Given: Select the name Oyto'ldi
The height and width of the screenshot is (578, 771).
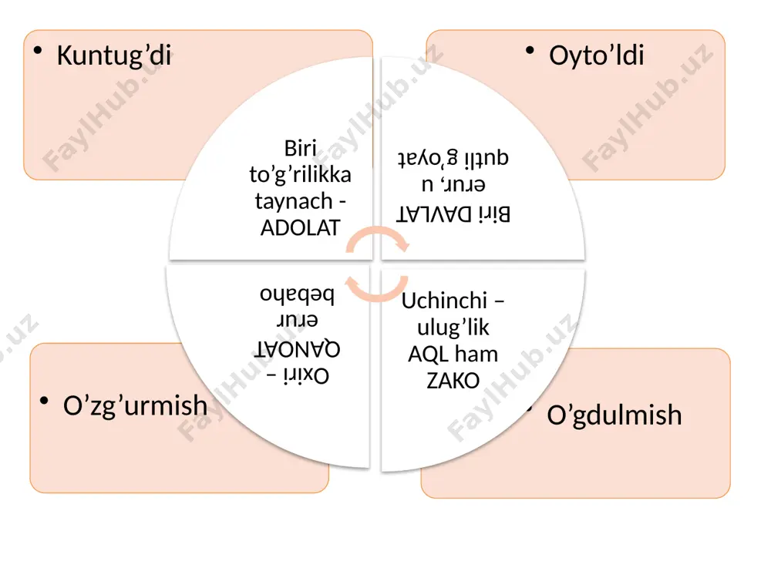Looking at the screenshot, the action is click(597, 55).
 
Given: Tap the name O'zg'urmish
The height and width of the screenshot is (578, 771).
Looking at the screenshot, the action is click(135, 407).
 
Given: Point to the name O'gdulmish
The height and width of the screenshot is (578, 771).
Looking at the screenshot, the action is click(614, 416).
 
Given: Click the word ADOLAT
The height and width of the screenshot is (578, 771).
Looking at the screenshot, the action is click(301, 228).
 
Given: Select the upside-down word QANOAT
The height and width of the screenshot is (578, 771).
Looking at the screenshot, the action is click(298, 349).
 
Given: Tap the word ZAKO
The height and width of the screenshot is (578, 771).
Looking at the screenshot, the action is click(453, 381).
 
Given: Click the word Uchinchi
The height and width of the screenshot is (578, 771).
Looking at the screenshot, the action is click(444, 301).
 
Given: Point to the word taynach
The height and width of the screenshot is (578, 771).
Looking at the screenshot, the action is click(294, 202).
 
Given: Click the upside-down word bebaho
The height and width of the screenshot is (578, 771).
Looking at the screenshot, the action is click(297, 294).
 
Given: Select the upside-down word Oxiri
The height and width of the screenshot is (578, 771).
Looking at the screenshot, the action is click(306, 377).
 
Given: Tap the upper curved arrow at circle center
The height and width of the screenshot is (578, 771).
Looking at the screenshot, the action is click(377, 238).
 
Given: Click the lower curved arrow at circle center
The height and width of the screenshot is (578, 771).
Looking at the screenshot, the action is click(377, 289).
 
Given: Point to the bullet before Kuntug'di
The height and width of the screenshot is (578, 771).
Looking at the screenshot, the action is click(38, 50).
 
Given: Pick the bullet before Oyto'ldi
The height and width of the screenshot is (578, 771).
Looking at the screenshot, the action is click(530, 50).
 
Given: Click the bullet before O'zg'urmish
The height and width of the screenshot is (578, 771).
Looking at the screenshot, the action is click(44, 401).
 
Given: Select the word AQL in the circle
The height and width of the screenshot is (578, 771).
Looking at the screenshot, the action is click(427, 355).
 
